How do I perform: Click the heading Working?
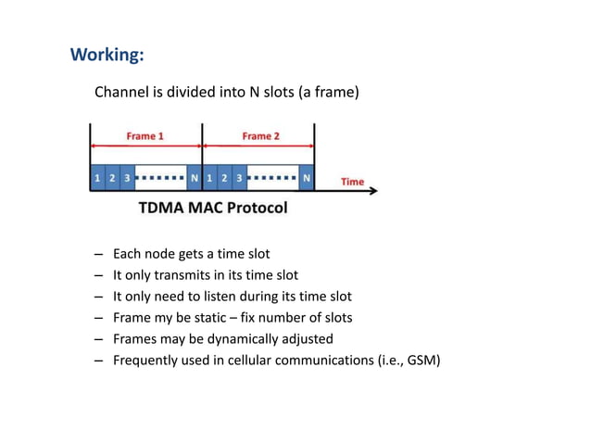(107, 55)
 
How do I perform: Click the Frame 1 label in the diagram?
(145, 136)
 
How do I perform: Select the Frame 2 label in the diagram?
(261, 136)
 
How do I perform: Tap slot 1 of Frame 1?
(97, 177)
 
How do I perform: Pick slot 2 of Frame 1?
(112, 177)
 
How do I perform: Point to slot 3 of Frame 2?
(239, 177)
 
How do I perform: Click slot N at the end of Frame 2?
(307, 177)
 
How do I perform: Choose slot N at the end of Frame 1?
(194, 177)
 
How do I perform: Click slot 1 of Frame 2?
(209, 177)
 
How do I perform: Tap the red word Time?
(352, 181)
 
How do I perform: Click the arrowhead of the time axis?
(373, 191)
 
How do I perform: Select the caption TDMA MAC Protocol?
(213, 208)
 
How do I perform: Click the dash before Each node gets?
(98, 254)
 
